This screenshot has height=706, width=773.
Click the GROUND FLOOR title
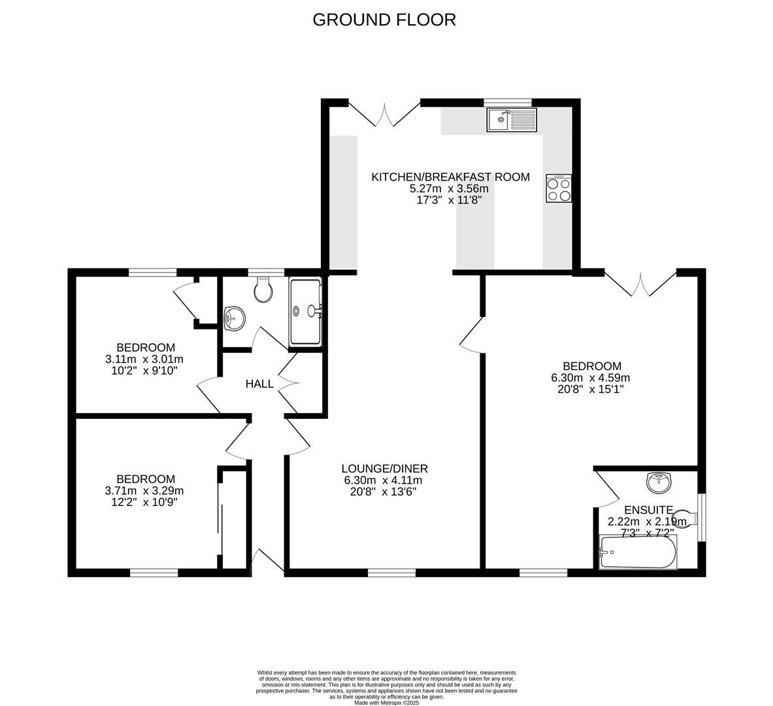[384, 20]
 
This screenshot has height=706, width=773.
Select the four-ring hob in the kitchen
[559, 188]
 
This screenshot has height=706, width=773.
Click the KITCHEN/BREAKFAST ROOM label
[450, 177]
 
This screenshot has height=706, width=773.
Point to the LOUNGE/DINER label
[384, 468]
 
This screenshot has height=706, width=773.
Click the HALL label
[259, 384]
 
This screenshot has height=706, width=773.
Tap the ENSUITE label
[648, 510]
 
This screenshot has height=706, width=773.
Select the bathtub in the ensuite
[638, 552]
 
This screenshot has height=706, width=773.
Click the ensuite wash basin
[659, 483]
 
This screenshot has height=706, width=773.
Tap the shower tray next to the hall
[306, 312]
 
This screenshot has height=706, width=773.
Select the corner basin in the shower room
[234, 319]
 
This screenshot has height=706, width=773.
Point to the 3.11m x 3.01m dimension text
[144, 359]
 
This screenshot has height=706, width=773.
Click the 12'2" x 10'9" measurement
[144, 502]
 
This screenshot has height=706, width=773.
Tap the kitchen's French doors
[384, 112]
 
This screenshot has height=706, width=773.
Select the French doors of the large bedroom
[640, 283]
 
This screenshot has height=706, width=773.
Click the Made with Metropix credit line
[386, 703]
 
